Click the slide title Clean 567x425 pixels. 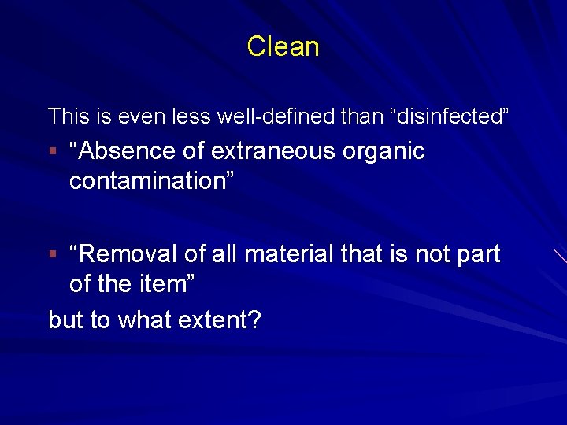[283, 46]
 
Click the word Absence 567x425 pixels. [118, 151]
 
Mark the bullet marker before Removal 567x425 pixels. [52, 254]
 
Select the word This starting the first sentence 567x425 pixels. [69, 117]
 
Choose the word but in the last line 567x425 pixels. [66, 320]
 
